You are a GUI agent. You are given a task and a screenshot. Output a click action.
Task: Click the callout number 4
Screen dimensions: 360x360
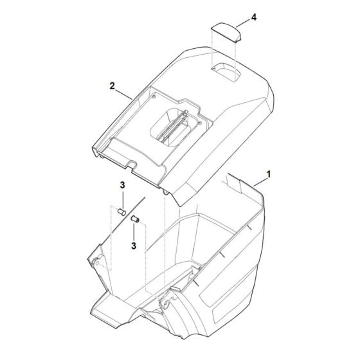coord(253,17)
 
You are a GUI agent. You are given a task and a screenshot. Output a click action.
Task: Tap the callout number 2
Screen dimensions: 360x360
coord(112,86)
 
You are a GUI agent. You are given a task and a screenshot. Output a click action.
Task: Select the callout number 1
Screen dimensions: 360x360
coord(269,174)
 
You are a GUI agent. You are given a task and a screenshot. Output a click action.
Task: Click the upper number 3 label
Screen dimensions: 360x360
coord(122,185)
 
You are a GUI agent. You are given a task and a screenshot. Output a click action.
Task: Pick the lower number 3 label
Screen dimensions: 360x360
coord(134,246)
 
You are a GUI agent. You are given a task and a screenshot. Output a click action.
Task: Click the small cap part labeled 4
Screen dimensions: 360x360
coord(226,32)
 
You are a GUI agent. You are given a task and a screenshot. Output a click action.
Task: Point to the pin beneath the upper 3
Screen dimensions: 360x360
coord(122,212)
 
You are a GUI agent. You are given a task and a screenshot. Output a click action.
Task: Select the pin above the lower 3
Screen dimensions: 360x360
coord(135,219)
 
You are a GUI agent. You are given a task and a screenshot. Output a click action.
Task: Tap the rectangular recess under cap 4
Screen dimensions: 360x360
coord(226,72)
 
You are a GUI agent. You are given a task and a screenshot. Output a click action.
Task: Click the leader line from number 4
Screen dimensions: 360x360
coord(243,23)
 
